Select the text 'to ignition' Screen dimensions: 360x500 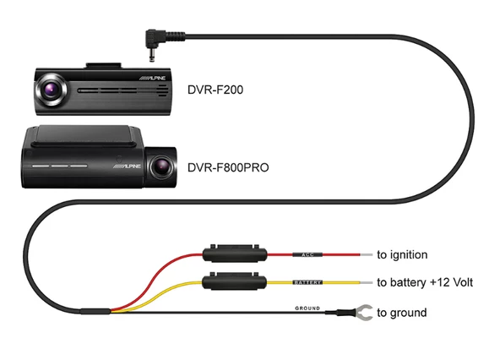pyautogui.click(x=402, y=254)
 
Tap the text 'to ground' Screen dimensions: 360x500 pyautogui.click(x=402, y=314)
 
